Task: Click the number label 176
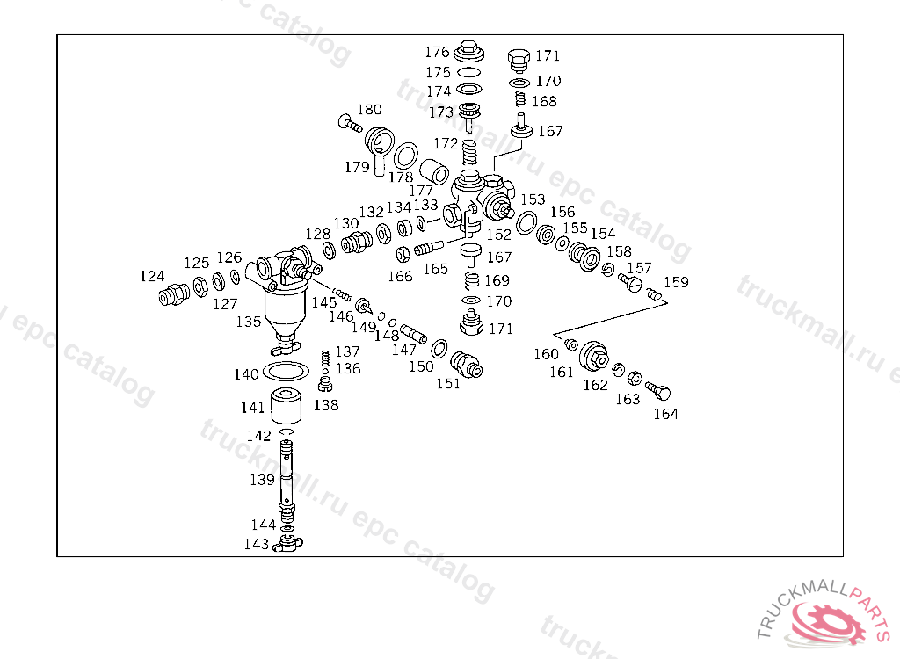tap(437, 52)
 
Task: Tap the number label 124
tap(152, 276)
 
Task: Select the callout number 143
tap(257, 544)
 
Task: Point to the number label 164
tap(665, 414)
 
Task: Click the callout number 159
tap(676, 282)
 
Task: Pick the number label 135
tap(249, 322)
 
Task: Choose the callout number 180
tap(369, 110)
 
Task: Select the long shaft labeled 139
tap(287, 480)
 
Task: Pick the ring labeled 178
tap(405, 156)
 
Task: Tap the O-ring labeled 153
tap(526, 223)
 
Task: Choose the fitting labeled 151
tap(466, 364)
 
